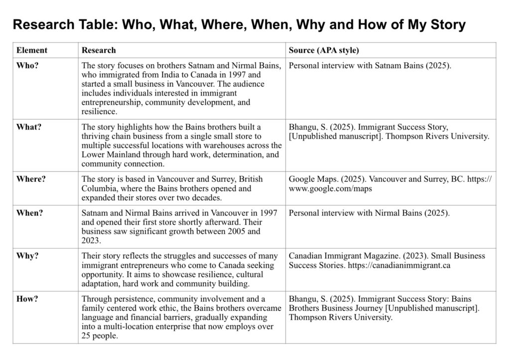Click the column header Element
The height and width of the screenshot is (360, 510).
click(32, 50)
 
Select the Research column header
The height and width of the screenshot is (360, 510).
click(99, 50)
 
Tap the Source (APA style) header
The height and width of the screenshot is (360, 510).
click(324, 50)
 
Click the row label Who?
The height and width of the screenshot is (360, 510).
click(27, 66)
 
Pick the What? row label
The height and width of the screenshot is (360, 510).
click(29, 127)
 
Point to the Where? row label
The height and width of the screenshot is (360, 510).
click(31, 179)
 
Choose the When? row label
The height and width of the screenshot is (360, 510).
click(30, 213)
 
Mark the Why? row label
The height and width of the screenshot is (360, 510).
click(27, 256)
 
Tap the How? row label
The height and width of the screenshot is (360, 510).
click(28, 299)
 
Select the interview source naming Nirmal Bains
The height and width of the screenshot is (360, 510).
click(369, 214)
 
